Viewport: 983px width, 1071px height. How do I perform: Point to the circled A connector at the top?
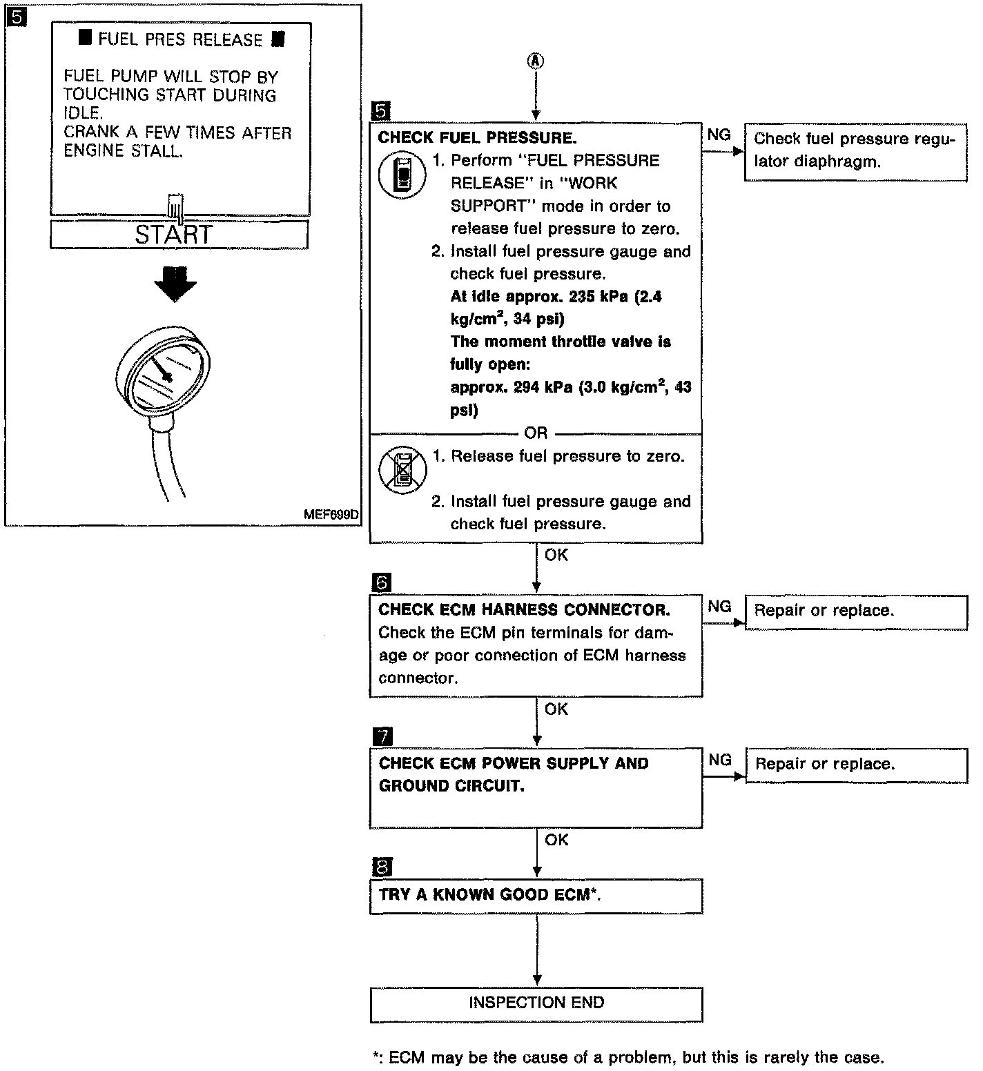(536, 61)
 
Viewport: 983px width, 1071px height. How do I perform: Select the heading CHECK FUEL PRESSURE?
(477, 137)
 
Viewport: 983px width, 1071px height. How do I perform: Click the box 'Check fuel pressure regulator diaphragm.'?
(855, 150)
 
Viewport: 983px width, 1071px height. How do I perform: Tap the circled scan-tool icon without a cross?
(403, 176)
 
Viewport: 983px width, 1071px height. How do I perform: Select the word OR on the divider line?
(536, 433)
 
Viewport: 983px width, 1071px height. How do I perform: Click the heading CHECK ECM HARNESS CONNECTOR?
(524, 610)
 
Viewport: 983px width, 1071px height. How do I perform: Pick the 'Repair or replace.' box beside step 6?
(856, 611)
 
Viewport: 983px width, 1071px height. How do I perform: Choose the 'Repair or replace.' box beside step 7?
(856, 765)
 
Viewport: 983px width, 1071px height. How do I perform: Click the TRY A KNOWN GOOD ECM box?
(536, 896)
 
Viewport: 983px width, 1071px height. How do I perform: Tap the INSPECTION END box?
(536, 1003)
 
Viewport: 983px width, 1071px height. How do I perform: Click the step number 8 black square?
(381, 867)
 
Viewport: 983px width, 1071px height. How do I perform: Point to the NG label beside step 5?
(719, 135)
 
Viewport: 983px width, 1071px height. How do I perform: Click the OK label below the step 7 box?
(556, 840)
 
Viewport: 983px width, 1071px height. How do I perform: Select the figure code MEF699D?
(331, 515)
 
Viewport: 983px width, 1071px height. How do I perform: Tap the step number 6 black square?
(381, 584)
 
